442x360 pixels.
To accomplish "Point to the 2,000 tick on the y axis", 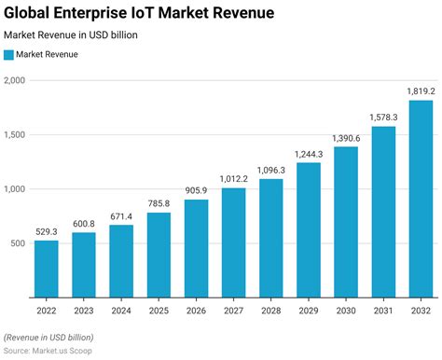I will point(15,80).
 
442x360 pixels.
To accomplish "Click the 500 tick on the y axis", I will point(19,243).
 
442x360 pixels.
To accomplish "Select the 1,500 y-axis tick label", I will point(15,134).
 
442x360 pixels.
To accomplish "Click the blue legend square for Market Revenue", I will point(9,55).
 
